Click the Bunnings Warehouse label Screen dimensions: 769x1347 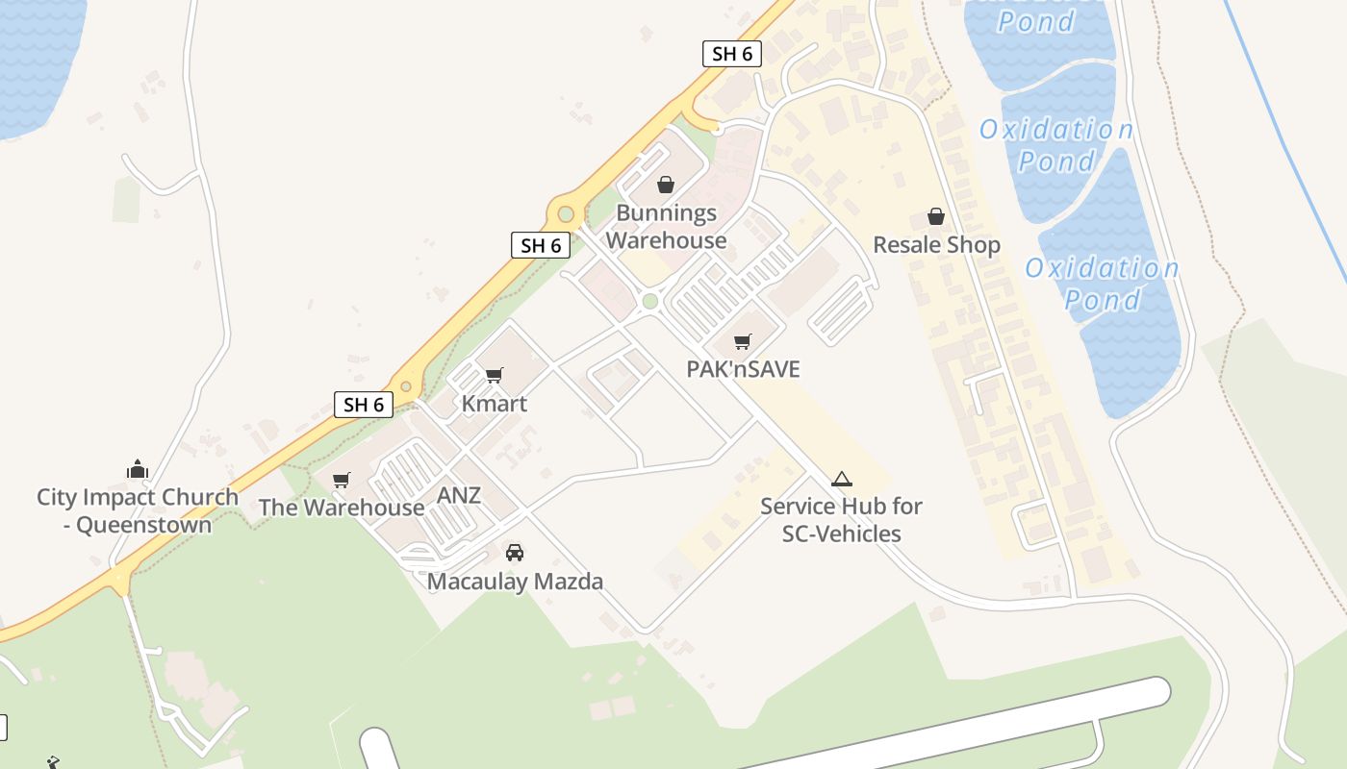[666, 227]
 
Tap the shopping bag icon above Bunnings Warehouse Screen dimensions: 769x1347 [665, 184]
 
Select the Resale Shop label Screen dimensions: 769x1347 [936, 245]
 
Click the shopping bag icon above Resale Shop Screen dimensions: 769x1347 [936, 216]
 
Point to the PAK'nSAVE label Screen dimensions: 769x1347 [743, 369]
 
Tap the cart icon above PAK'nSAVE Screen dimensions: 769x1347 [742, 341]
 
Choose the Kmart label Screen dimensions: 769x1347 [495, 404]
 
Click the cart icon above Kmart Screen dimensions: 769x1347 [495, 375]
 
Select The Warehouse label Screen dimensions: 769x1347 [341, 508]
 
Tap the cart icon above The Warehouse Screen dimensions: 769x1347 [341, 480]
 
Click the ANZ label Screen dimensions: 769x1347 [459, 496]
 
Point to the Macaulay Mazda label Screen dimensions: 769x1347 [515, 582]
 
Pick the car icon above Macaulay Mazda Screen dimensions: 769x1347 [515, 553]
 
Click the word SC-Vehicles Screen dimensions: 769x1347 [841, 533]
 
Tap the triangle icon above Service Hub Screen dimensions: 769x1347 [842, 479]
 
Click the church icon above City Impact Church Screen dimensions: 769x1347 [137, 469]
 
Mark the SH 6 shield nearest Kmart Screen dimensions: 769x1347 [364, 405]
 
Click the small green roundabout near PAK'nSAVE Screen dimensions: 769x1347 [649, 302]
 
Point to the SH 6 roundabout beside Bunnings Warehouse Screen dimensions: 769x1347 [566, 213]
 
